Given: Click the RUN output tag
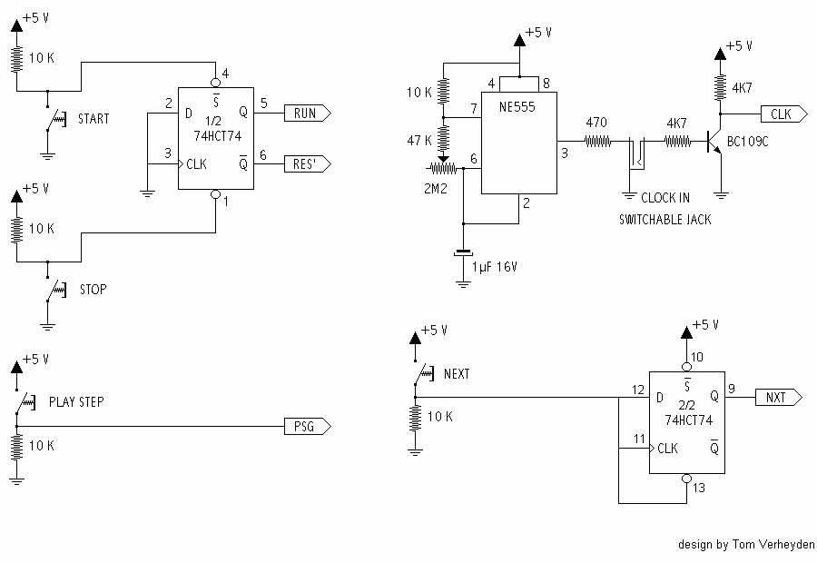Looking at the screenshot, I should tap(306, 114).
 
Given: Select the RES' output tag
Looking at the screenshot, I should tap(306, 164).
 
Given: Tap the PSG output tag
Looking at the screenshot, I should tap(306, 426).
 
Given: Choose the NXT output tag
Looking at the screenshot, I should tap(777, 397).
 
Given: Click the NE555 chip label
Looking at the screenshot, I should tap(515, 106).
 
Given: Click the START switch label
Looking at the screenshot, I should tap(94, 119).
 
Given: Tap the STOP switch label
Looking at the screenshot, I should tap(92, 290).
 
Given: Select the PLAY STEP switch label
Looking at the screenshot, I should tap(76, 401).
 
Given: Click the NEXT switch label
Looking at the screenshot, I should tap(457, 374).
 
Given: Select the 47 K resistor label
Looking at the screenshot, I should tap(418, 140).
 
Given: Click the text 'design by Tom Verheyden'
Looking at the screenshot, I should tap(746, 545).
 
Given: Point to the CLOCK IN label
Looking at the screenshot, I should tap(665, 198).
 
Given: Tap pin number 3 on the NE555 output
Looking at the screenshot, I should tap(565, 153).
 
